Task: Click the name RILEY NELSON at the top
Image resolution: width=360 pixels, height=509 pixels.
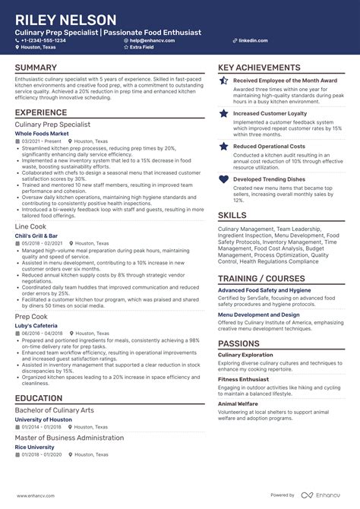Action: pos(65,20)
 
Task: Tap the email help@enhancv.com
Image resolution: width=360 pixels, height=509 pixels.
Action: pos(152,40)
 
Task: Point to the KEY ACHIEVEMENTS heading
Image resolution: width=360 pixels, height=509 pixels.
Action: pos(259,68)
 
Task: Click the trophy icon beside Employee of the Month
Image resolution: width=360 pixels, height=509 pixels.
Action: pos(224,80)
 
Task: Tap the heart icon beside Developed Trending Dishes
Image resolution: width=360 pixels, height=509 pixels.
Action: pos(224,179)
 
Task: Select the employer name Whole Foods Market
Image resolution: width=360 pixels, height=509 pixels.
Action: pos(43,133)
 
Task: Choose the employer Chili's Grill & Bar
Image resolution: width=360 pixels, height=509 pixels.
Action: pos(36,236)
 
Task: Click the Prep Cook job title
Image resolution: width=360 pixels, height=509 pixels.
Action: pos(32,315)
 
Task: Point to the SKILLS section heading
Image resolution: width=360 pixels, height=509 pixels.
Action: pos(232,215)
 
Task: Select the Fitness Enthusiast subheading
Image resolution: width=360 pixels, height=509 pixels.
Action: pos(244,378)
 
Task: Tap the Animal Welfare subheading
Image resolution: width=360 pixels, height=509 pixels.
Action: pos(238,404)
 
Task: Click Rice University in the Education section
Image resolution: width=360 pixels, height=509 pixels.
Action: pos(35,447)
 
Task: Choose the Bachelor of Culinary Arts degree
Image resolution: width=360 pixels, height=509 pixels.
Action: pos(55,410)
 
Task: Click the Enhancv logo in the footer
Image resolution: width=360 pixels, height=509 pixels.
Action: pos(323,495)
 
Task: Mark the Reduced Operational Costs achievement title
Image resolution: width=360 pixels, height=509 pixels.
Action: pos(269,146)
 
